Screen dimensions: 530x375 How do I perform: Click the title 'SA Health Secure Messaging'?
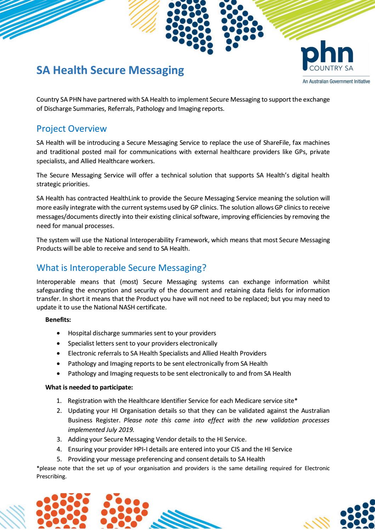pyautogui.click(x=110, y=70)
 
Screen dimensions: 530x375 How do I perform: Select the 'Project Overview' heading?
pyautogui.click(x=72, y=129)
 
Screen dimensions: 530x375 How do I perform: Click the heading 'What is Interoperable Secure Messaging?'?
pyautogui.click(x=121, y=268)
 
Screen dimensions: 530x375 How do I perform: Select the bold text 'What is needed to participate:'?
pyautogui.click(x=89, y=387)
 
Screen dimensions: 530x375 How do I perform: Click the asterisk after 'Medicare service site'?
pyautogui.click(x=296, y=400)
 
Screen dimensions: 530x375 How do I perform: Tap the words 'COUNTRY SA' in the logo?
pyautogui.click(x=332, y=69)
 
